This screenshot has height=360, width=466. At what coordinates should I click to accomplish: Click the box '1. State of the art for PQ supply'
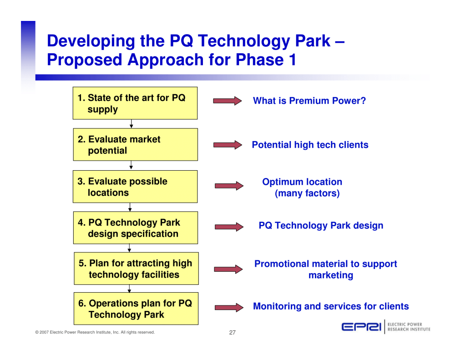click(x=135, y=103)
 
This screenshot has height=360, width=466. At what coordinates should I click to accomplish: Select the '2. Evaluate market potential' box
click(x=136, y=144)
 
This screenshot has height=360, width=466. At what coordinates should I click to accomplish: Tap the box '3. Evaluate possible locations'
click(x=135, y=187)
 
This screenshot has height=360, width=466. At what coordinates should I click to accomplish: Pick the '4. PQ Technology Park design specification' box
click(x=136, y=228)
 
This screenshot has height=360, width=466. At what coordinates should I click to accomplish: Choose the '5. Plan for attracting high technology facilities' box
click(x=137, y=269)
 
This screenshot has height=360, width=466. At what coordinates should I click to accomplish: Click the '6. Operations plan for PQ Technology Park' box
click(x=136, y=309)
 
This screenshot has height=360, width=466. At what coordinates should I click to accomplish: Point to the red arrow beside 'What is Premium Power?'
click(x=228, y=101)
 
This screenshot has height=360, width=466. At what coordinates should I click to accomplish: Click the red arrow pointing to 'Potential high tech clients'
click(x=228, y=145)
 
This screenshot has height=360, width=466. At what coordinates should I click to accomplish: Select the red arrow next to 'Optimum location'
click(x=229, y=186)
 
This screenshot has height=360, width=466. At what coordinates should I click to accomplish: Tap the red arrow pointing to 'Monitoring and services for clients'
click(x=229, y=307)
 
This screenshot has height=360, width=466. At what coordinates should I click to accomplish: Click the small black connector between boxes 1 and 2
click(x=132, y=124)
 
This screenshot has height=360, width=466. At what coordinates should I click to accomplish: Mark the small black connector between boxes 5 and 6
click(x=129, y=289)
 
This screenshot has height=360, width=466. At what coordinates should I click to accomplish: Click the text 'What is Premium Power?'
click(x=309, y=101)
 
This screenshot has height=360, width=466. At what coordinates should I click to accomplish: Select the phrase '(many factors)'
click(x=307, y=193)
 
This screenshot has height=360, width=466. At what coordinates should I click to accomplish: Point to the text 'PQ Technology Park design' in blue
click(x=321, y=226)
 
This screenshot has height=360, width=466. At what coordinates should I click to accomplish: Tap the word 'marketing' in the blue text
click(x=331, y=275)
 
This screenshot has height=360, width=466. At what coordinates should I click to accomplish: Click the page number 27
click(x=233, y=332)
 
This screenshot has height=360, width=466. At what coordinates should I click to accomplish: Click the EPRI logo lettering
click(x=361, y=327)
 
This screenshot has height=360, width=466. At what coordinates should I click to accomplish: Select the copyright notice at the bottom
click(x=95, y=332)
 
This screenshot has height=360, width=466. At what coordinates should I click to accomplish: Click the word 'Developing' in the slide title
click(x=91, y=41)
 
